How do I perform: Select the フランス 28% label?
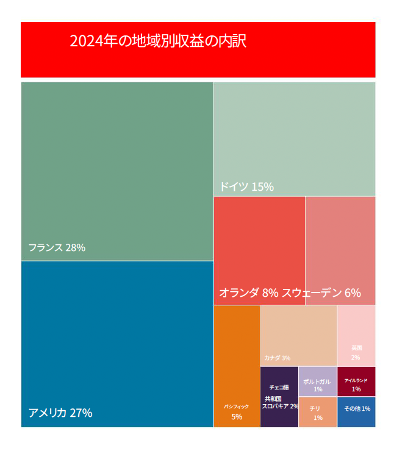[x=57, y=247]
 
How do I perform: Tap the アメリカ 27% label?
[x=60, y=413]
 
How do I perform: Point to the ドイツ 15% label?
[x=246, y=186]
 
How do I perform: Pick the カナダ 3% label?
[x=277, y=358]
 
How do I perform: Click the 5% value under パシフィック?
[x=237, y=417]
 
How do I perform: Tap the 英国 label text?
[x=356, y=348]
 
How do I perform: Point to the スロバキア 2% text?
[x=281, y=406]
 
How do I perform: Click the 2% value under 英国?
[x=356, y=357]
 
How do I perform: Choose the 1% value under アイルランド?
[x=356, y=389]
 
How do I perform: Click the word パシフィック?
[x=237, y=406]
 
